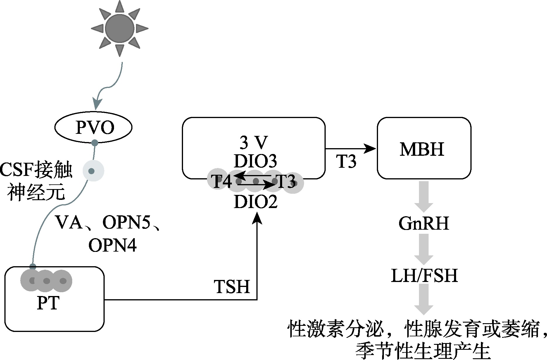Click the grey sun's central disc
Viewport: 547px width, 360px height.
[x=120, y=28]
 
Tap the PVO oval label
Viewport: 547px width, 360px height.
[x=95, y=128]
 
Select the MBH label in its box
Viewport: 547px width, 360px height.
[x=422, y=149]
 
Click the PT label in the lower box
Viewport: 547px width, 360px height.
[x=48, y=303]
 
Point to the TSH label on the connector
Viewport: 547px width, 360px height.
[x=232, y=286]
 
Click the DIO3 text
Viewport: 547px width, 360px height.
[x=255, y=161]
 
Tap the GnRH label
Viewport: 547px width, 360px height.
[x=424, y=224]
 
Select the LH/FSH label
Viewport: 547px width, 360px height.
[x=424, y=276]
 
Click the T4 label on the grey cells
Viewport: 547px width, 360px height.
[x=221, y=182]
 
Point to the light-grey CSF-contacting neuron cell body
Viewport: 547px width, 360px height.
[x=93, y=171]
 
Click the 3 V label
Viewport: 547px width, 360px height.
[x=253, y=143]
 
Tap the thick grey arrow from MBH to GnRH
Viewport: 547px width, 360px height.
[x=424, y=196]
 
